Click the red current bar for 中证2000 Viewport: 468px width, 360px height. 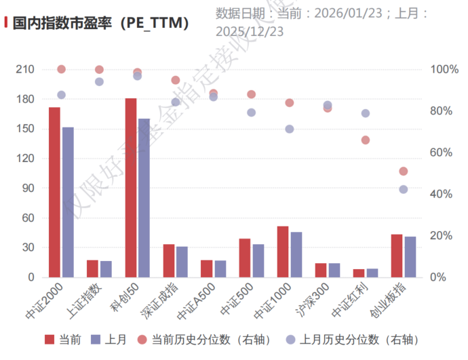coord(54,192)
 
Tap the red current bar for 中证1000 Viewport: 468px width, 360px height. coord(283,252)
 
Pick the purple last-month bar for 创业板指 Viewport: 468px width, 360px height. coord(410,257)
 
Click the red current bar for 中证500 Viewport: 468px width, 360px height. coord(245,258)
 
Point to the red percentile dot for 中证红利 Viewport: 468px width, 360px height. coord(366,140)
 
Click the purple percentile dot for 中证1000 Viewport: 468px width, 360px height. coord(290,129)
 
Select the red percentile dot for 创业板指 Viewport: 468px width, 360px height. coord(404,172)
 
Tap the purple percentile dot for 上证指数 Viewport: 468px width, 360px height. coord(99,81)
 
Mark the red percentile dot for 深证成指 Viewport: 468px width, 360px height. coord(176,80)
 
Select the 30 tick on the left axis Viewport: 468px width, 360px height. coord(27,247)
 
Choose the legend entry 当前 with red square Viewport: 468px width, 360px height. coord(62,339)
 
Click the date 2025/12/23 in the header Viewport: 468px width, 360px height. coord(250,31)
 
